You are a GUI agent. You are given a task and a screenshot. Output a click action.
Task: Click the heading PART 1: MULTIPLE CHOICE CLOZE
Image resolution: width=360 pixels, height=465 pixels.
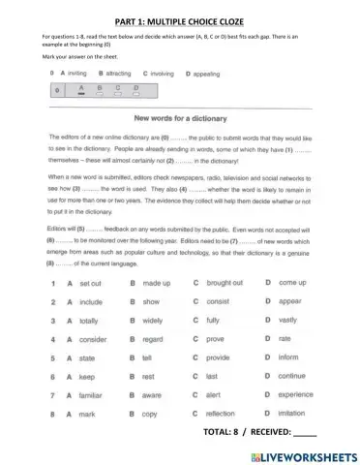coord(180,16)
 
